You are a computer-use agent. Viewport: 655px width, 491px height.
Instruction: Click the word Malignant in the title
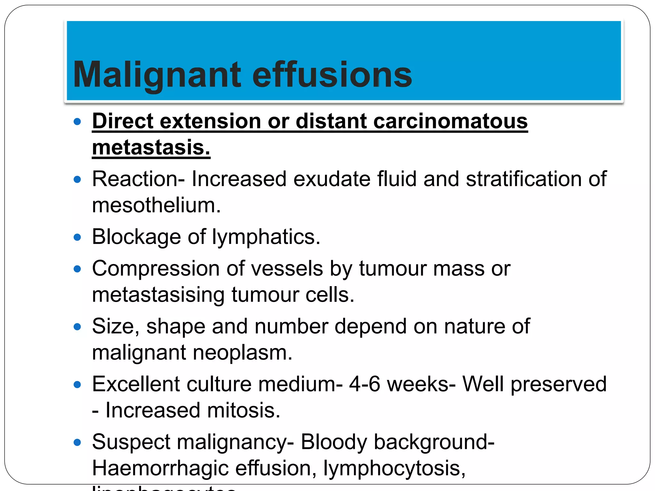157,75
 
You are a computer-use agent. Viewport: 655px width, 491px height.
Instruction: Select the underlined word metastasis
151,148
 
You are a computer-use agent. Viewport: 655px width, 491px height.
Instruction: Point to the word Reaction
136,179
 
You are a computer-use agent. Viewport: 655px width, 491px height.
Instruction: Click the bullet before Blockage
77,237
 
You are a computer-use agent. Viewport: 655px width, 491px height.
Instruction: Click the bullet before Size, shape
77,327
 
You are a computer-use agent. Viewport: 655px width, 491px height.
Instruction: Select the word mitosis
244,410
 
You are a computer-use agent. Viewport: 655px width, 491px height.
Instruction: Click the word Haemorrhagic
160,468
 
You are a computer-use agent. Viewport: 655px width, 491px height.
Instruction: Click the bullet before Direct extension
77,121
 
